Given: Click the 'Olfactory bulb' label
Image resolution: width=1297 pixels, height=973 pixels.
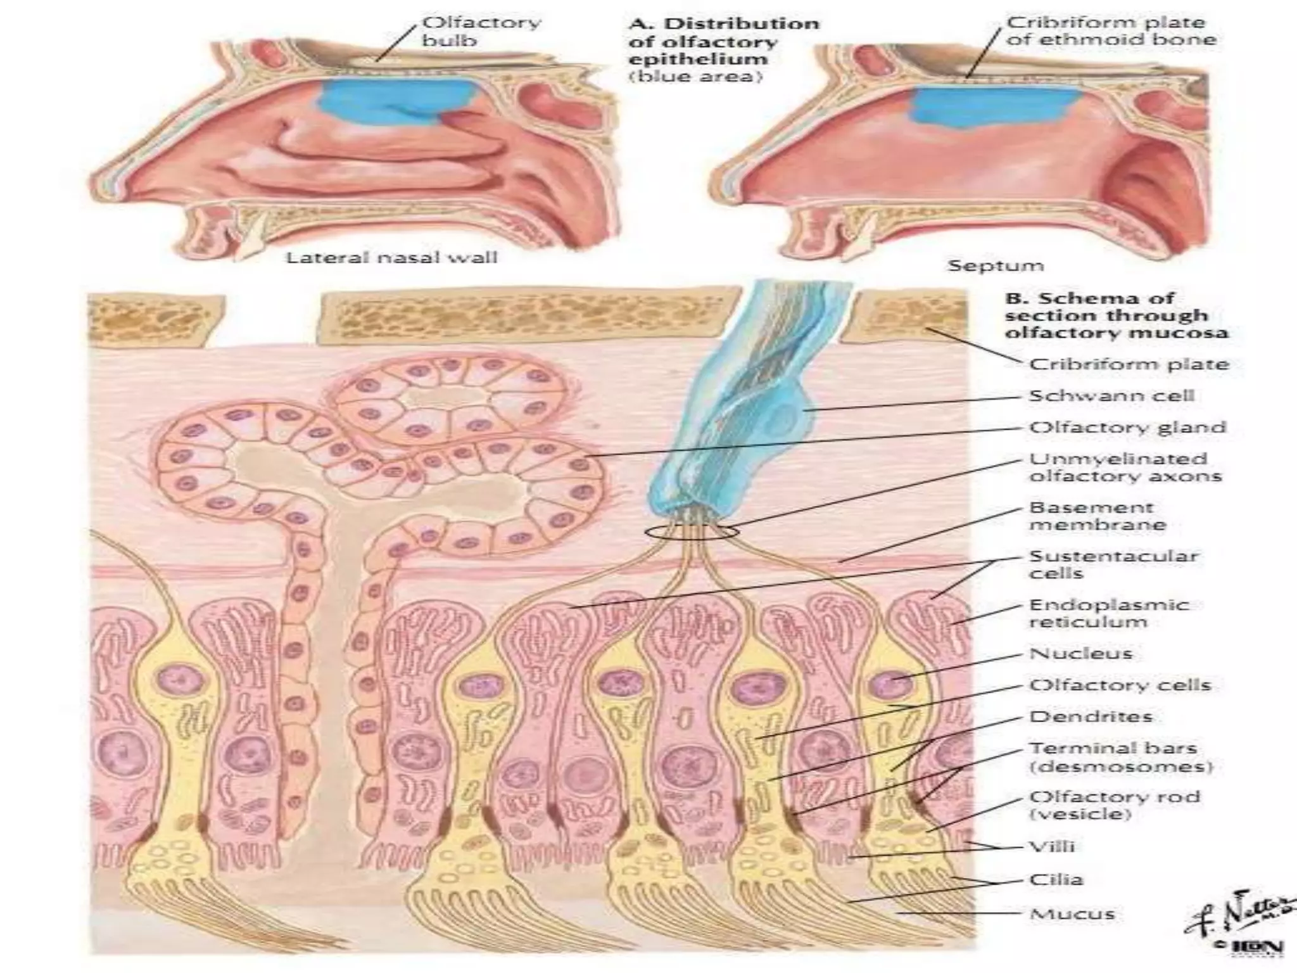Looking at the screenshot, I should (481, 32).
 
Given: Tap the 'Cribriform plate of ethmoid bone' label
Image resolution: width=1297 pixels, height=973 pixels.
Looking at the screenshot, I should (1111, 31).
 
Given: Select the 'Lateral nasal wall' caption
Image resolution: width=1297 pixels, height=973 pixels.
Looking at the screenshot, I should (391, 258).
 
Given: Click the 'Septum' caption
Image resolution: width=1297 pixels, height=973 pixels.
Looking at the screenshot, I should (995, 265).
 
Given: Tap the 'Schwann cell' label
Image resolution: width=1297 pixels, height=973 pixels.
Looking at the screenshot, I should (1111, 396).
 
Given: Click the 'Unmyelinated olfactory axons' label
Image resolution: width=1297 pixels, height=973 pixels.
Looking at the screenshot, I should (1125, 467).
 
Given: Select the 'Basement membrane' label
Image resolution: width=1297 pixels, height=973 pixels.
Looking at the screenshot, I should (1098, 516).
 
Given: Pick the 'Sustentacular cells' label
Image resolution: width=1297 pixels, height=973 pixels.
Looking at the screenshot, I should (1113, 564).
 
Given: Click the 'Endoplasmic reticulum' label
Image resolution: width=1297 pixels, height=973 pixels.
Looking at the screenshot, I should (1108, 613).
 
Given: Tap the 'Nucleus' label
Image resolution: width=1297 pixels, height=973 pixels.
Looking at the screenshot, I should (1080, 653).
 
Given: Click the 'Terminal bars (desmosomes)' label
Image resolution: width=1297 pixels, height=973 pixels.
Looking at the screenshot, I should (1120, 758).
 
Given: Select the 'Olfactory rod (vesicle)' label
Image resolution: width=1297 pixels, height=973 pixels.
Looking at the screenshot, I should (1115, 805).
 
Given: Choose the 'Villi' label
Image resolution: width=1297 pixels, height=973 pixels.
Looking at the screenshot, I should (1052, 847).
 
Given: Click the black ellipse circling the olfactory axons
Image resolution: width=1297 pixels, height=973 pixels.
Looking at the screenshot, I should (692, 533).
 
